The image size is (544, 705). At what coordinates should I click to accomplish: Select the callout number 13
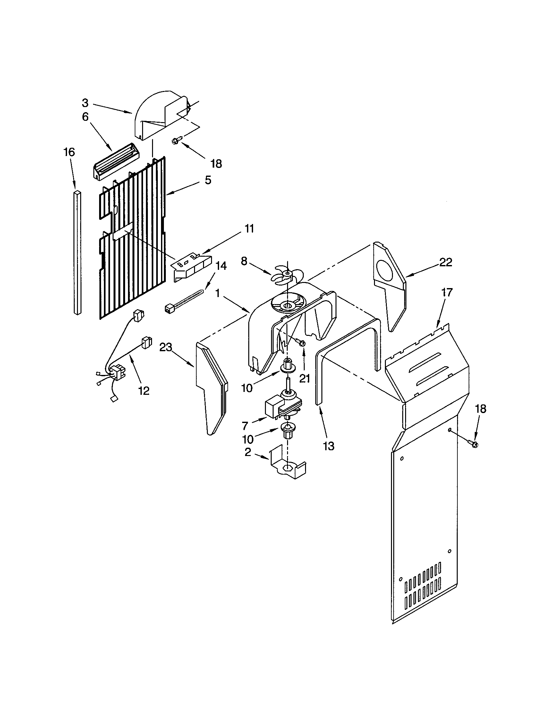point(328,446)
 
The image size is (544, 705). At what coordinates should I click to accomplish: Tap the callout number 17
point(447,293)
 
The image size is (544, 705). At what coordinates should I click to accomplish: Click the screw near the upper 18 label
point(177,140)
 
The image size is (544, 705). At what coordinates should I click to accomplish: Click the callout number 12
point(144,391)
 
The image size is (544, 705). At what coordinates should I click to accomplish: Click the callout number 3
point(85,103)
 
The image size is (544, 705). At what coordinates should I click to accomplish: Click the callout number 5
point(208,180)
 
